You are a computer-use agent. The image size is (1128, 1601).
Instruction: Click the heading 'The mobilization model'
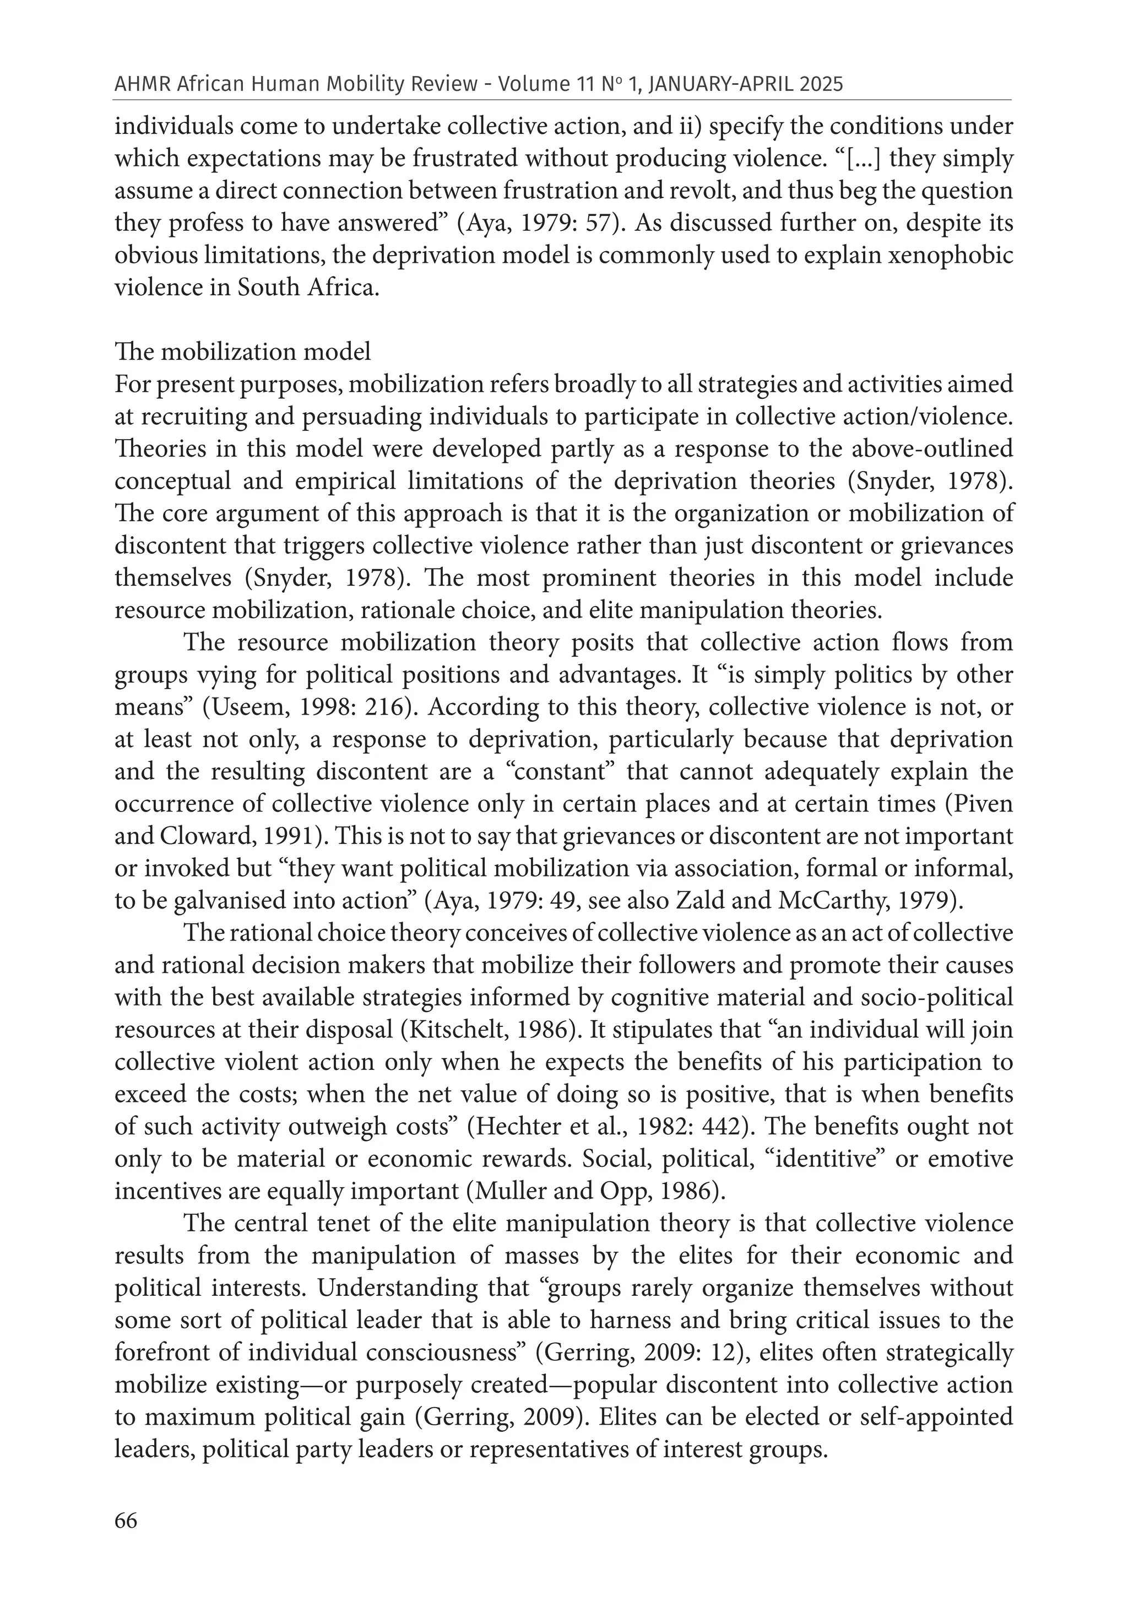point(242,351)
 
